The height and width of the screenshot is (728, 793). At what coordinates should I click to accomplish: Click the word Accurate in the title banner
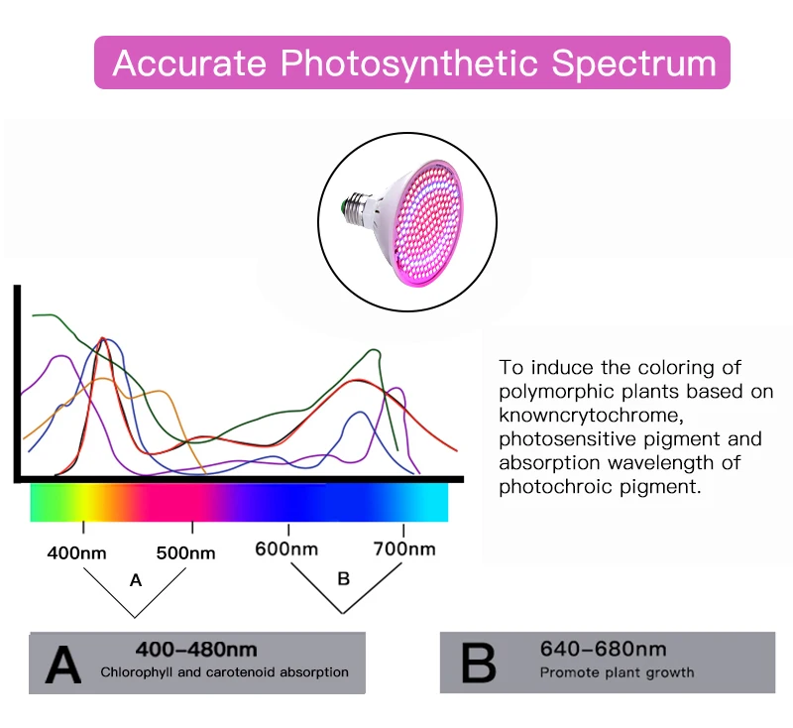tap(188, 62)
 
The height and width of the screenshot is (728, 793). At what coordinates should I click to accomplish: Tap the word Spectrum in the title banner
tap(633, 62)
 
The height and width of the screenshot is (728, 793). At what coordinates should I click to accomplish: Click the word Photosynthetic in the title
tap(409, 63)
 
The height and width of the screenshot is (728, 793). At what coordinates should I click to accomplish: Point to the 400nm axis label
tap(77, 552)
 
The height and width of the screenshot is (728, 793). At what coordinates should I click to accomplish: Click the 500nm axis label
tap(185, 552)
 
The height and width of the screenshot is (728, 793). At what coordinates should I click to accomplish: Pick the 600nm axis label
tap(286, 548)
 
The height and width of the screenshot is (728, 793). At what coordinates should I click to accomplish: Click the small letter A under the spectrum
tap(137, 581)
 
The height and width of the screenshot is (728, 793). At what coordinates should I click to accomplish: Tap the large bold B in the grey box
tap(479, 662)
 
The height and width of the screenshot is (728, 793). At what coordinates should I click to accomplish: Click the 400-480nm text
tap(196, 650)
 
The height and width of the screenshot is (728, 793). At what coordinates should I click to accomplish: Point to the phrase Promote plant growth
tap(617, 672)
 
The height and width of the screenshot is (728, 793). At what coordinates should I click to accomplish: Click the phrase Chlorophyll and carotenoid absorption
tap(224, 672)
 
